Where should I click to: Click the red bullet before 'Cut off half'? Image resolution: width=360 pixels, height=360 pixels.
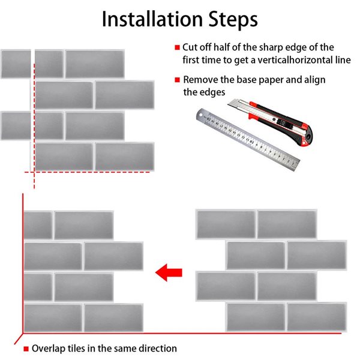177,47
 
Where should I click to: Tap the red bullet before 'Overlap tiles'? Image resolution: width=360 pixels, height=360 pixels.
26,349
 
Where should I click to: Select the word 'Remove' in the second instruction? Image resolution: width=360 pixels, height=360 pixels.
200,79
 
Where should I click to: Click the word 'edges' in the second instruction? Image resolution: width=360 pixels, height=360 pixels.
212,92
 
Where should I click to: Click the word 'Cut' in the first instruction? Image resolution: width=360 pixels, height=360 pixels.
191,47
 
